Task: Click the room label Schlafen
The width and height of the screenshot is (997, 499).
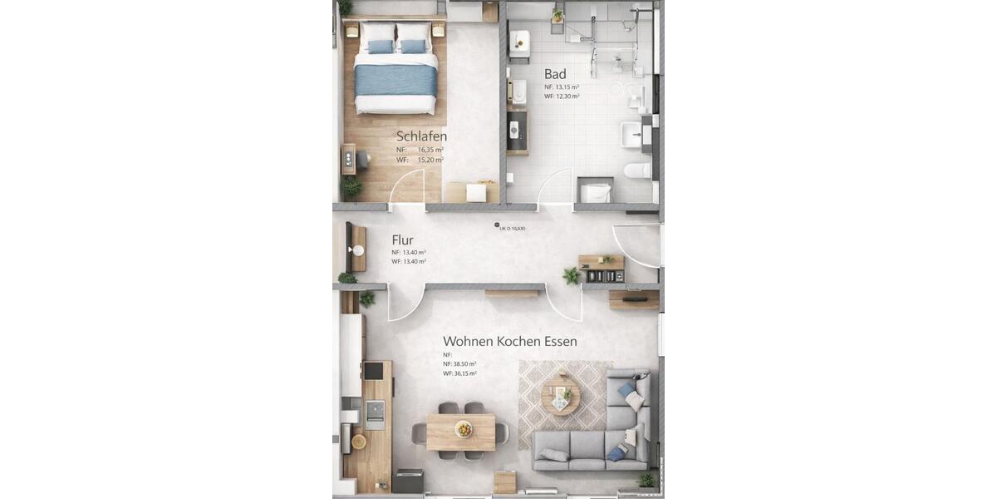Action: pos(421,136)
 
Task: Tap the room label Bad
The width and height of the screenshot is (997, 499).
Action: pos(555,73)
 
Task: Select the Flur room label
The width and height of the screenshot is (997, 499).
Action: pos(402,240)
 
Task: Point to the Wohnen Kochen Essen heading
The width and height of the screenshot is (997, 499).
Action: pos(509,341)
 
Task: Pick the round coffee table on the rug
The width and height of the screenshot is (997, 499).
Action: pos(559,394)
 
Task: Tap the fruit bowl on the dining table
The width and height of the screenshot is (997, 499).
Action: pos(463,429)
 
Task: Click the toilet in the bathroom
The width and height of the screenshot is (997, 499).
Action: pos(637,170)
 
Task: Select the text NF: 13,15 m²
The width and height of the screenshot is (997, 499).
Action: pos(562,86)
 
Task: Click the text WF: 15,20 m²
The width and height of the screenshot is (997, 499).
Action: pos(420,160)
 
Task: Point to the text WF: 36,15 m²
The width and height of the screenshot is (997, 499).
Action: pos(459,373)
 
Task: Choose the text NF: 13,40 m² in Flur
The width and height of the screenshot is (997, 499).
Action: pos(409,252)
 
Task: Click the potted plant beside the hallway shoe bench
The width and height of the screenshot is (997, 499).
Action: pos(571,275)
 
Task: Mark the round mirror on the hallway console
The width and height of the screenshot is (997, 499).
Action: pos(359,249)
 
